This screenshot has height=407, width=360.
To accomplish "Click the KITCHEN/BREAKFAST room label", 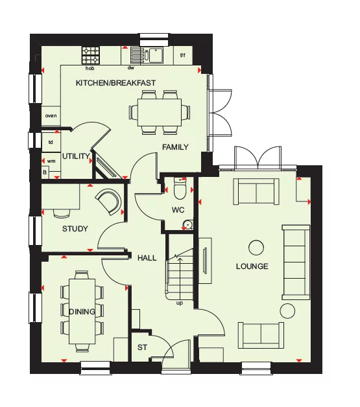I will click(x=115, y=82).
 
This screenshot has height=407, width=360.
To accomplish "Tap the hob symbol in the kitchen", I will click(x=90, y=54).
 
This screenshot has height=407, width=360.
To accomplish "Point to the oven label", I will click(x=51, y=116).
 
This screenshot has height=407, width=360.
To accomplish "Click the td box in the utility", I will click(x=51, y=141).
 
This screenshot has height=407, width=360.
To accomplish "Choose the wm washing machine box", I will click(x=51, y=161).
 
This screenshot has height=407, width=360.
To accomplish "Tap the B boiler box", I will click(x=45, y=173).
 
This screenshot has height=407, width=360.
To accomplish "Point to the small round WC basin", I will click(x=187, y=225).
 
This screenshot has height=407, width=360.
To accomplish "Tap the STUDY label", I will click(x=75, y=229).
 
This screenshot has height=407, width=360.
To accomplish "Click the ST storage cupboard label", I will click(x=142, y=348).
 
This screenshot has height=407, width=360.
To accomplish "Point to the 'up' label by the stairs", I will click(x=180, y=302).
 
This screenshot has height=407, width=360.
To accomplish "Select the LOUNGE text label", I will click(x=252, y=266).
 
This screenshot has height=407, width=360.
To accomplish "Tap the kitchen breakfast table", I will click(x=160, y=112).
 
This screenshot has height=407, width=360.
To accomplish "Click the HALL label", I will click(x=147, y=258).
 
